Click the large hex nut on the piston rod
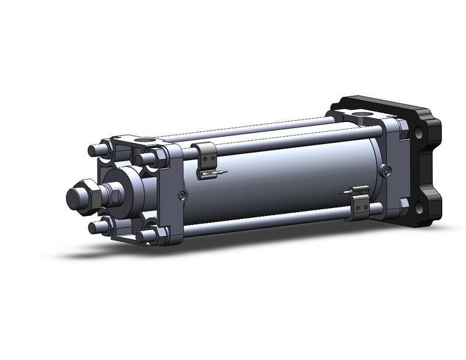coord(88,196)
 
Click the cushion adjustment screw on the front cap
coord(182,195)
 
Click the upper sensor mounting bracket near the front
coord(207,158)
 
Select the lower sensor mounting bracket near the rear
coord(360,203)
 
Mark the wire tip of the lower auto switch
coord(339,193)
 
